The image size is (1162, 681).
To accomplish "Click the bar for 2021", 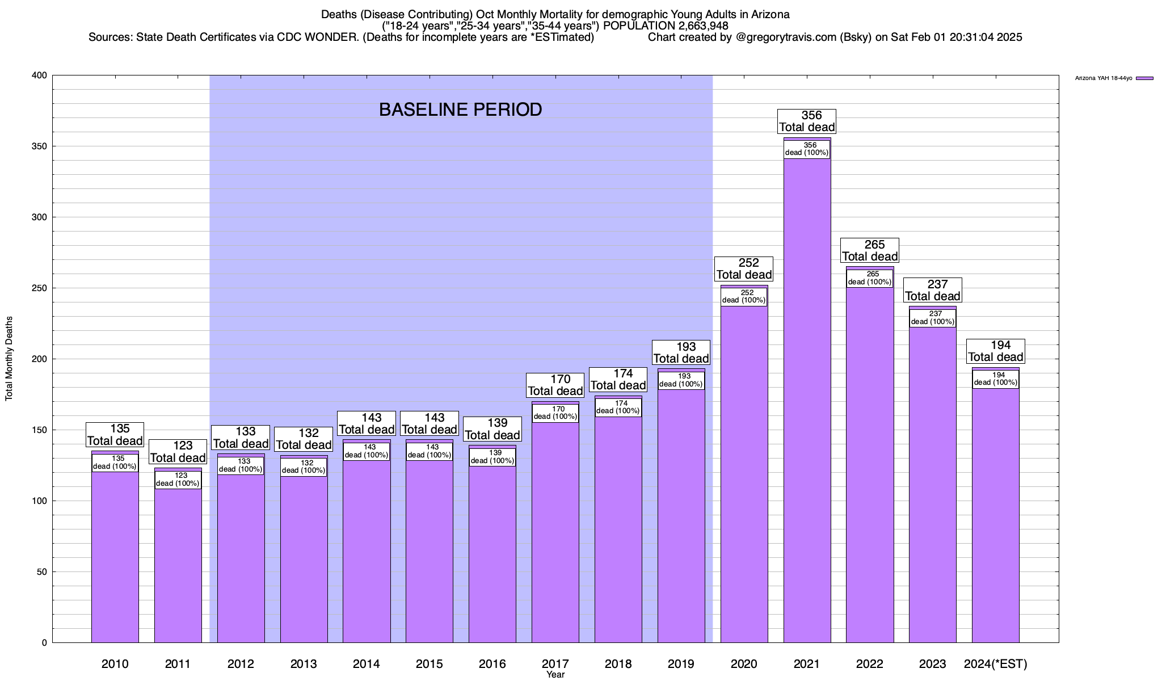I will [x=807, y=397].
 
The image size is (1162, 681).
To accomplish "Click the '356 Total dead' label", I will [x=807, y=121].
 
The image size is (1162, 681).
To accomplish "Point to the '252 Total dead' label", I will [x=744, y=268].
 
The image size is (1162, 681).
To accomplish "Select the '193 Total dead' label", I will [x=681, y=352].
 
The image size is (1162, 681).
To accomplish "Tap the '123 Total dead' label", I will [x=178, y=452].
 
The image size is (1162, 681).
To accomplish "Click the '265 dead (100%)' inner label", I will [x=869, y=278].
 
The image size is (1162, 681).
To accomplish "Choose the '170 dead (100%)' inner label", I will [x=555, y=413].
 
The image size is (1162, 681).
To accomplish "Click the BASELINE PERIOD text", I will [x=460, y=110].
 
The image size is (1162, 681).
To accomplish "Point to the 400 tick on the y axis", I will [x=41, y=75].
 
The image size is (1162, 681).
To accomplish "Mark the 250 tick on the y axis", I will [x=41, y=288].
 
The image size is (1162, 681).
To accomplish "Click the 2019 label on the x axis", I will [x=681, y=663].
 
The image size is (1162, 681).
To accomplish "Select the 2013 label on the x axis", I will [x=304, y=663].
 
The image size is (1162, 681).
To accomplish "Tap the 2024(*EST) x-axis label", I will [x=995, y=663].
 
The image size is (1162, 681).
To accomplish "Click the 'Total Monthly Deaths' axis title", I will [x=9, y=359].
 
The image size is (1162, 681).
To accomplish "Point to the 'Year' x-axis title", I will [x=555, y=675].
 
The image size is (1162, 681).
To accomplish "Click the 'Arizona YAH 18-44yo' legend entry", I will [x=1104, y=78].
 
